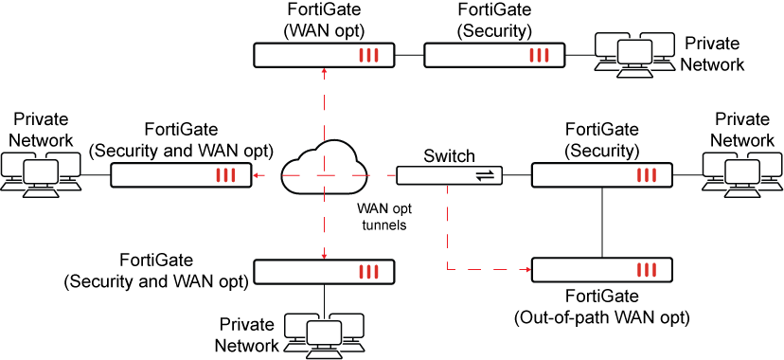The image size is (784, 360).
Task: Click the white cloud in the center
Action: coord(324,170)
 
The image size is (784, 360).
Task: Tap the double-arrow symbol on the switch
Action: coord(485,175)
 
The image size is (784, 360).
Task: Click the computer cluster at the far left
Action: coord(41,174)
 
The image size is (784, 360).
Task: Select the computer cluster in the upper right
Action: coord(634,54)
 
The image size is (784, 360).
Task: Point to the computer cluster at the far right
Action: coord(742,174)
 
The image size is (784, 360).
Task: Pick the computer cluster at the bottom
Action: coord(324,335)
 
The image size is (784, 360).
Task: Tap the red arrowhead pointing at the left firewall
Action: coord(256,175)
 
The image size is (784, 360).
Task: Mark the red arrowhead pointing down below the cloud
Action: coord(324,256)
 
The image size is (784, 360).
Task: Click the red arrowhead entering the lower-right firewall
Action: coord(527,270)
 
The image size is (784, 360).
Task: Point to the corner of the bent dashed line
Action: coord(448,270)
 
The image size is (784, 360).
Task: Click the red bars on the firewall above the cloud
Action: coord(368,55)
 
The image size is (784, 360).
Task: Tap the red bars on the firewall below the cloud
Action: coord(368,272)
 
